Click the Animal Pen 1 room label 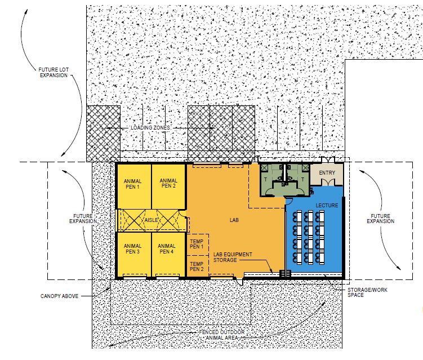[132, 184]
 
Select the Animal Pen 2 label [168, 183]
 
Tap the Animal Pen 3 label [132, 248]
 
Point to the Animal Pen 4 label [167, 248]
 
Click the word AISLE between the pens [151, 220]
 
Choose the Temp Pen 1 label [197, 244]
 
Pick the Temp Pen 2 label [197, 266]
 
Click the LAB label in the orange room [234, 220]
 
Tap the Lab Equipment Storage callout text [233, 257]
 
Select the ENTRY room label [327, 172]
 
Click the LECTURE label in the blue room [327, 206]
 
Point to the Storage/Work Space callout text [367, 292]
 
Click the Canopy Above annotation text [59, 296]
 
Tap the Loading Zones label [150, 128]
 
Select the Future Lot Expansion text [54, 72]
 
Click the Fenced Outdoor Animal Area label [222, 335]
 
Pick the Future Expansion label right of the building [380, 219]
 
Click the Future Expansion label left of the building [83, 219]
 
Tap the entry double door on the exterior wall [328, 160]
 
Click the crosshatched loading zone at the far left [103, 134]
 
